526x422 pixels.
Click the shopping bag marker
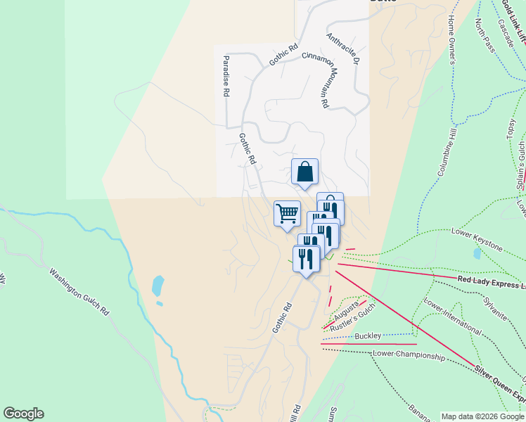[304, 172]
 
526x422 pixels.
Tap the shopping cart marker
[287, 213]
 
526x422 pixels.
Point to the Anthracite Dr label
[343, 44]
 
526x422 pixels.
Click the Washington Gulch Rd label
[80, 290]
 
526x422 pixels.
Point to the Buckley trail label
[368, 335]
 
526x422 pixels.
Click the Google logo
[23, 414]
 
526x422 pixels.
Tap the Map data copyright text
[482, 416]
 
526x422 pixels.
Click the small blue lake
[158, 286]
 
